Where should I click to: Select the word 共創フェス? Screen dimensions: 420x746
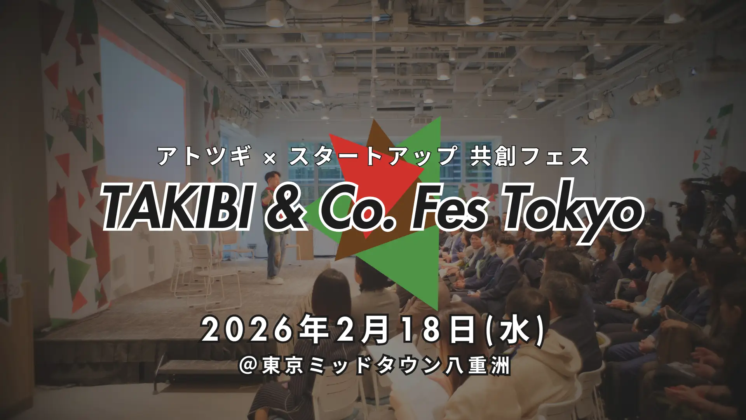tap(530, 157)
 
